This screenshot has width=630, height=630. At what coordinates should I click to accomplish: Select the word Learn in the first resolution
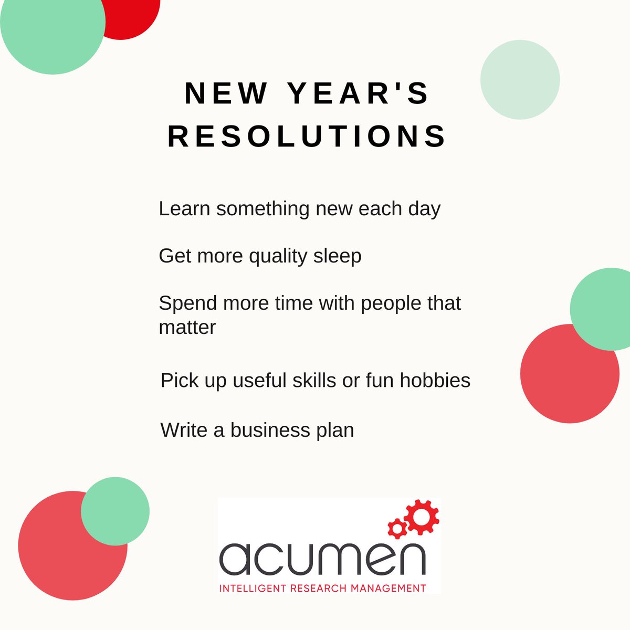pyautogui.click(x=184, y=208)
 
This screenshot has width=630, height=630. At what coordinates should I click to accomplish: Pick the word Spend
pyautogui.click(x=188, y=303)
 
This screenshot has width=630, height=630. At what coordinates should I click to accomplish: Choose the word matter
pyautogui.click(x=187, y=327)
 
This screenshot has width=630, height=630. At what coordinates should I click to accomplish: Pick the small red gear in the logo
pyautogui.click(x=397, y=527)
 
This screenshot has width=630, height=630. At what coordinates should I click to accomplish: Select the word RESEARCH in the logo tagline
pyautogui.click(x=310, y=588)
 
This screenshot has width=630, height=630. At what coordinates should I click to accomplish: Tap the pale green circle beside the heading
pyautogui.click(x=520, y=80)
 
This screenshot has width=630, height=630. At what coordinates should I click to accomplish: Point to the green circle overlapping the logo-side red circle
pyautogui.click(x=115, y=511)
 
